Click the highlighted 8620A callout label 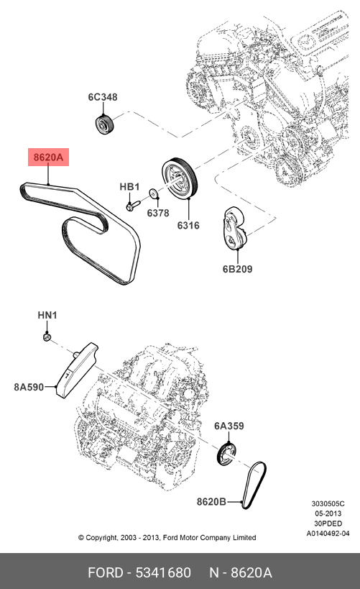[48, 157]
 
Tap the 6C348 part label [103, 97]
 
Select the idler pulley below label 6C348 [104, 124]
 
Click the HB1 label [129, 187]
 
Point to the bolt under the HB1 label [132, 205]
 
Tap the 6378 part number [157, 213]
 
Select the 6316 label [188, 225]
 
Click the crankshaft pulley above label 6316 [180, 178]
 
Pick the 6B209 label [238, 269]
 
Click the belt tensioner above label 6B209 [234, 228]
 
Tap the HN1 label [47, 315]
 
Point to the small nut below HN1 [47, 337]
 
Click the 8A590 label [29, 387]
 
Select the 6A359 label [229, 426]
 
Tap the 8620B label [211, 501]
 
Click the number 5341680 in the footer [163, 572]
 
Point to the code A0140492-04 [328, 534]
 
